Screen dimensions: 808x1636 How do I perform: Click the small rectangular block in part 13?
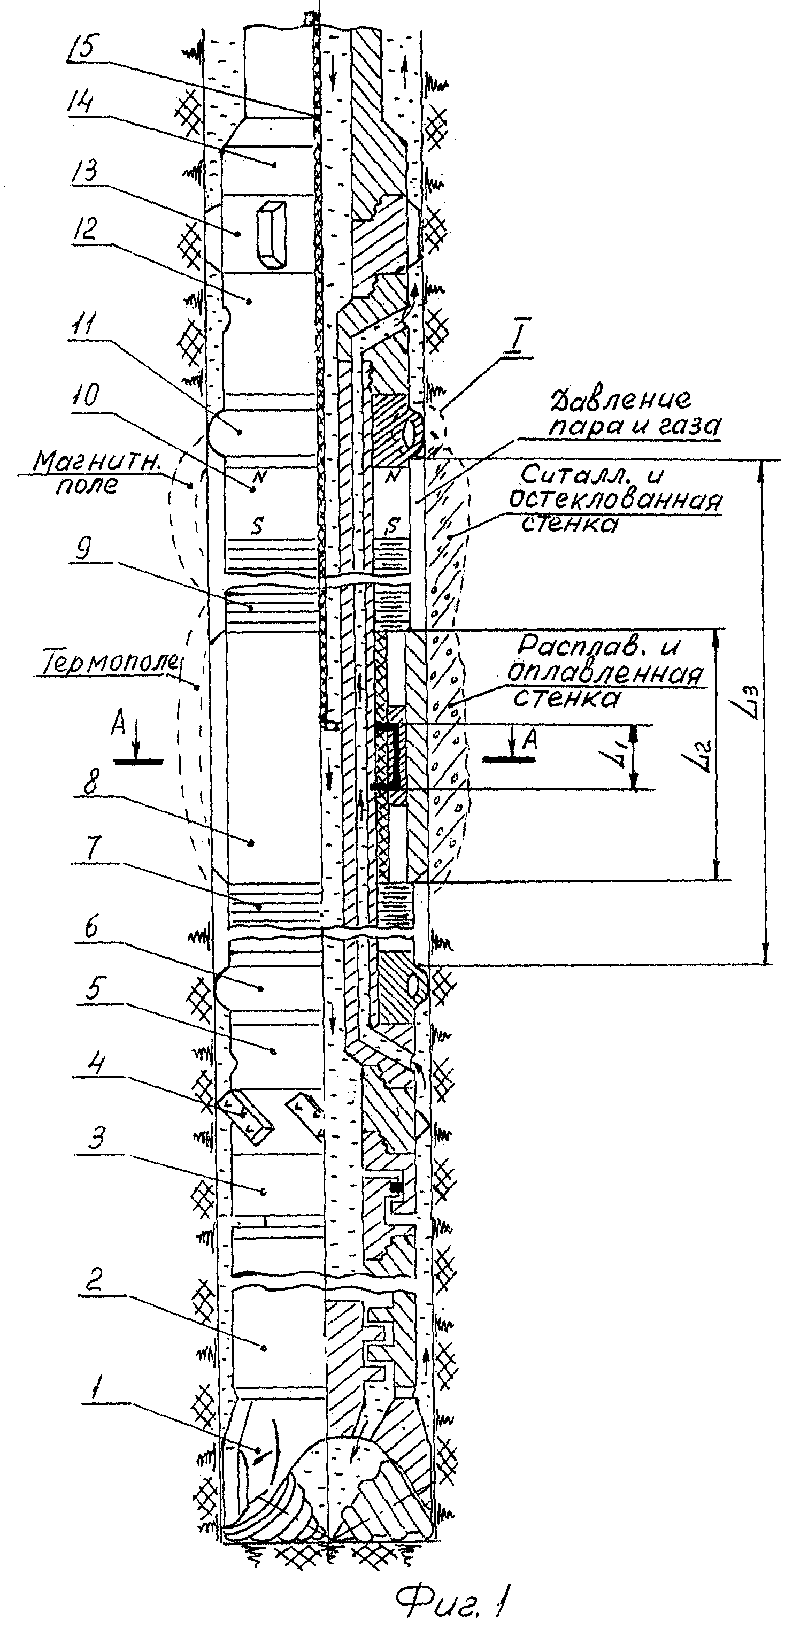(x=270, y=236)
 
